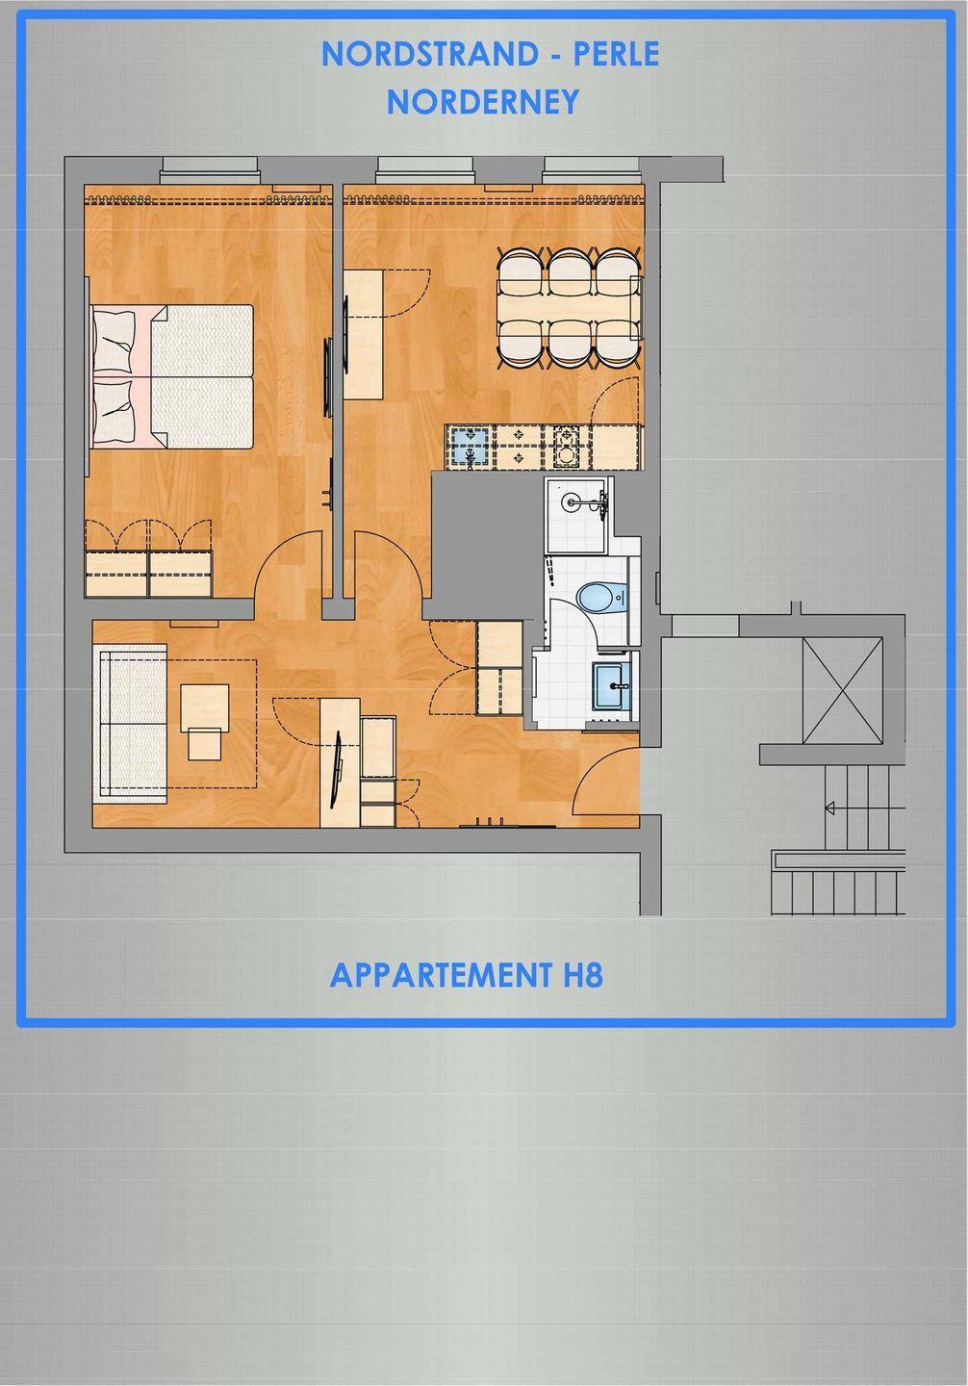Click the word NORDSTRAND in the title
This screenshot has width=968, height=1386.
click(x=430, y=55)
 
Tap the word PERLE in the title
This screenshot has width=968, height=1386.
click(x=616, y=55)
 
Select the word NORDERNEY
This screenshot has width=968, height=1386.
click(x=483, y=102)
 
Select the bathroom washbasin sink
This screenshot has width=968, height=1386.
click(x=612, y=685)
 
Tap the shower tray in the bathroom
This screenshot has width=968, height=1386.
click(x=575, y=515)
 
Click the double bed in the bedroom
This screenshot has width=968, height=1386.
click(x=171, y=376)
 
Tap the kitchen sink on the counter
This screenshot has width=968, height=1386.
click(x=471, y=448)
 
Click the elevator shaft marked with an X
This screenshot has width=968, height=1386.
click(x=842, y=689)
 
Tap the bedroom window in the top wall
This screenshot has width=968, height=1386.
click(x=210, y=169)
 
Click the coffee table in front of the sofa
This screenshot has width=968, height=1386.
click(x=205, y=722)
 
